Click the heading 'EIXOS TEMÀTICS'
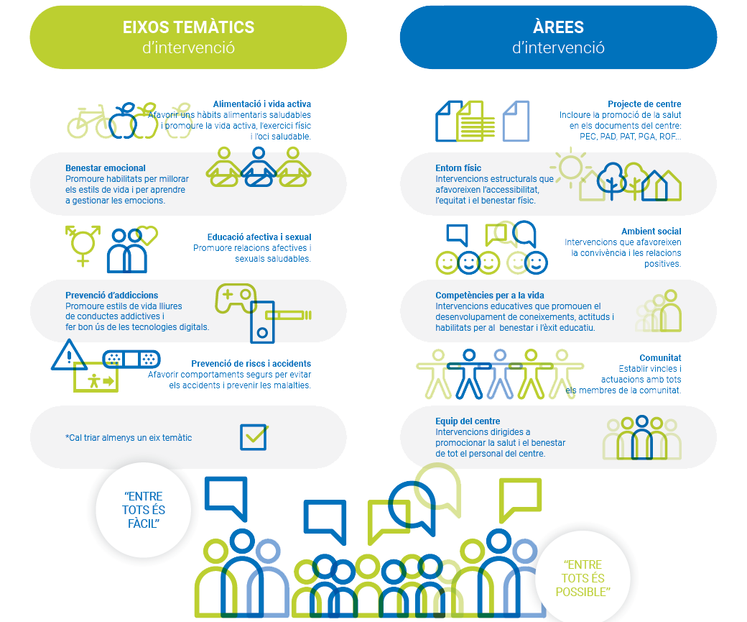(x=188, y=27)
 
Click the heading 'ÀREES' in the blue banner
(x=558, y=27)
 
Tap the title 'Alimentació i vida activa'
(x=262, y=104)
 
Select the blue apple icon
(x=123, y=121)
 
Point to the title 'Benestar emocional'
(x=106, y=168)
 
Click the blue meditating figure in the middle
(x=259, y=168)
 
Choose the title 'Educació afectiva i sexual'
(x=259, y=237)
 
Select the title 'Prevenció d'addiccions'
(x=111, y=296)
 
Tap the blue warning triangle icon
(x=69, y=355)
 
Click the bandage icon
(x=131, y=358)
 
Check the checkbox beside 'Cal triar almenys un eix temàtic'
(x=253, y=436)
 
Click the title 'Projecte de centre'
(x=644, y=104)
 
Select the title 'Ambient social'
(x=651, y=232)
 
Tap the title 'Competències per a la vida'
(x=490, y=296)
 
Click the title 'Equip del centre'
(x=468, y=421)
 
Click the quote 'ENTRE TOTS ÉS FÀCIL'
(x=144, y=510)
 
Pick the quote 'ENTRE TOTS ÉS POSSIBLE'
(x=583, y=579)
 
